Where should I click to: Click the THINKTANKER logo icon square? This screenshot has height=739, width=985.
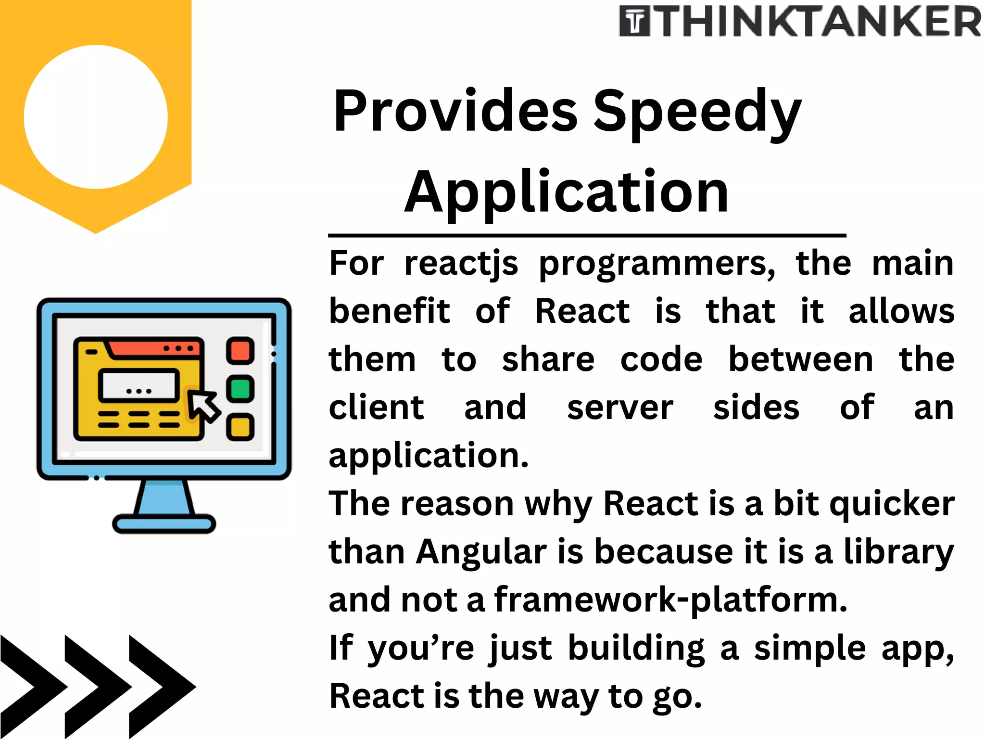(635, 22)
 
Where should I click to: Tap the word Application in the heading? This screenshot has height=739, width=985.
(566, 192)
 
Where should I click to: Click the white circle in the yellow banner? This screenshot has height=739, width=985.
(96, 117)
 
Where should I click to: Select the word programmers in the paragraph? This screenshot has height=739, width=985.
(657, 265)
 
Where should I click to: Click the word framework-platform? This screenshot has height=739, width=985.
(670, 601)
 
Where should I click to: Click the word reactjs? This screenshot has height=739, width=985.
(461, 265)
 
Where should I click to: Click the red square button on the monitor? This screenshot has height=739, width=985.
(240, 351)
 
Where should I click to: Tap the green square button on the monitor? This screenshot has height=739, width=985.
(240, 389)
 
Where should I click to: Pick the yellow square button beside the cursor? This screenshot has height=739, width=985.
(240, 427)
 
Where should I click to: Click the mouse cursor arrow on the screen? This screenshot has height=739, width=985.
(203, 407)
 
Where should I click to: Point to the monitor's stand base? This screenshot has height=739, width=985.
(164, 523)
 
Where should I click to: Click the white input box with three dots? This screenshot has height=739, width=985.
(139, 385)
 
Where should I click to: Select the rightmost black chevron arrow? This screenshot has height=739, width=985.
(161, 687)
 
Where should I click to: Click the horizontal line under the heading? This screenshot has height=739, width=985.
(587, 235)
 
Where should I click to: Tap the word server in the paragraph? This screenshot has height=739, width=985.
(620, 408)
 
